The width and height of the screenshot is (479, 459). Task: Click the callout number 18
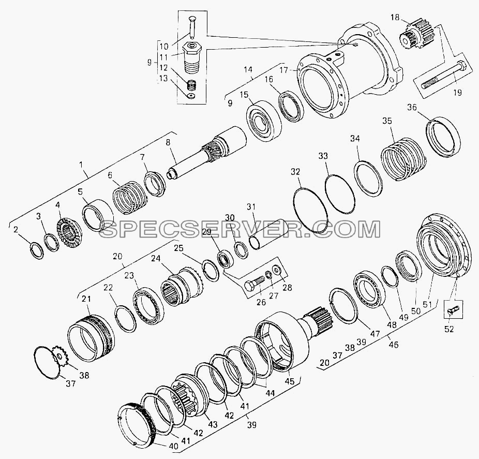pyautogui.click(x=395, y=18)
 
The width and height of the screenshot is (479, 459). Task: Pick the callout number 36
pyautogui.click(x=412, y=107)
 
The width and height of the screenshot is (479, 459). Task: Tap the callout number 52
pyautogui.click(x=449, y=329)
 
